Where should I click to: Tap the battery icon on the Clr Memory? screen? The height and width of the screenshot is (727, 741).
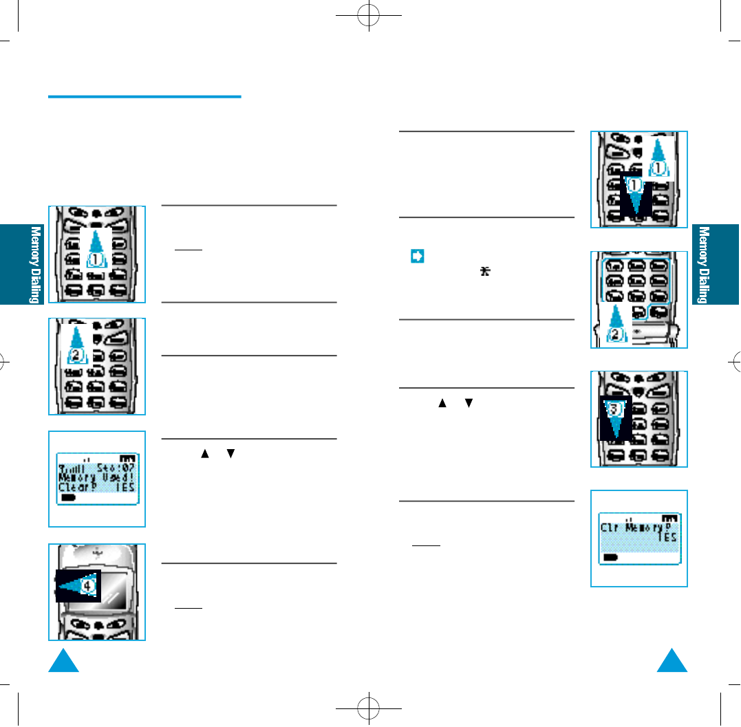610,557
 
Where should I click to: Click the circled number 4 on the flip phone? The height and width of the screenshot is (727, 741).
88,587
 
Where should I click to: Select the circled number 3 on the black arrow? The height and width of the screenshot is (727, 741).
616,409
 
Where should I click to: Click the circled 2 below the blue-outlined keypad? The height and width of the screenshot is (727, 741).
617,334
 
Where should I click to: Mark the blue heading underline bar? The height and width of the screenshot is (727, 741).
144,97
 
